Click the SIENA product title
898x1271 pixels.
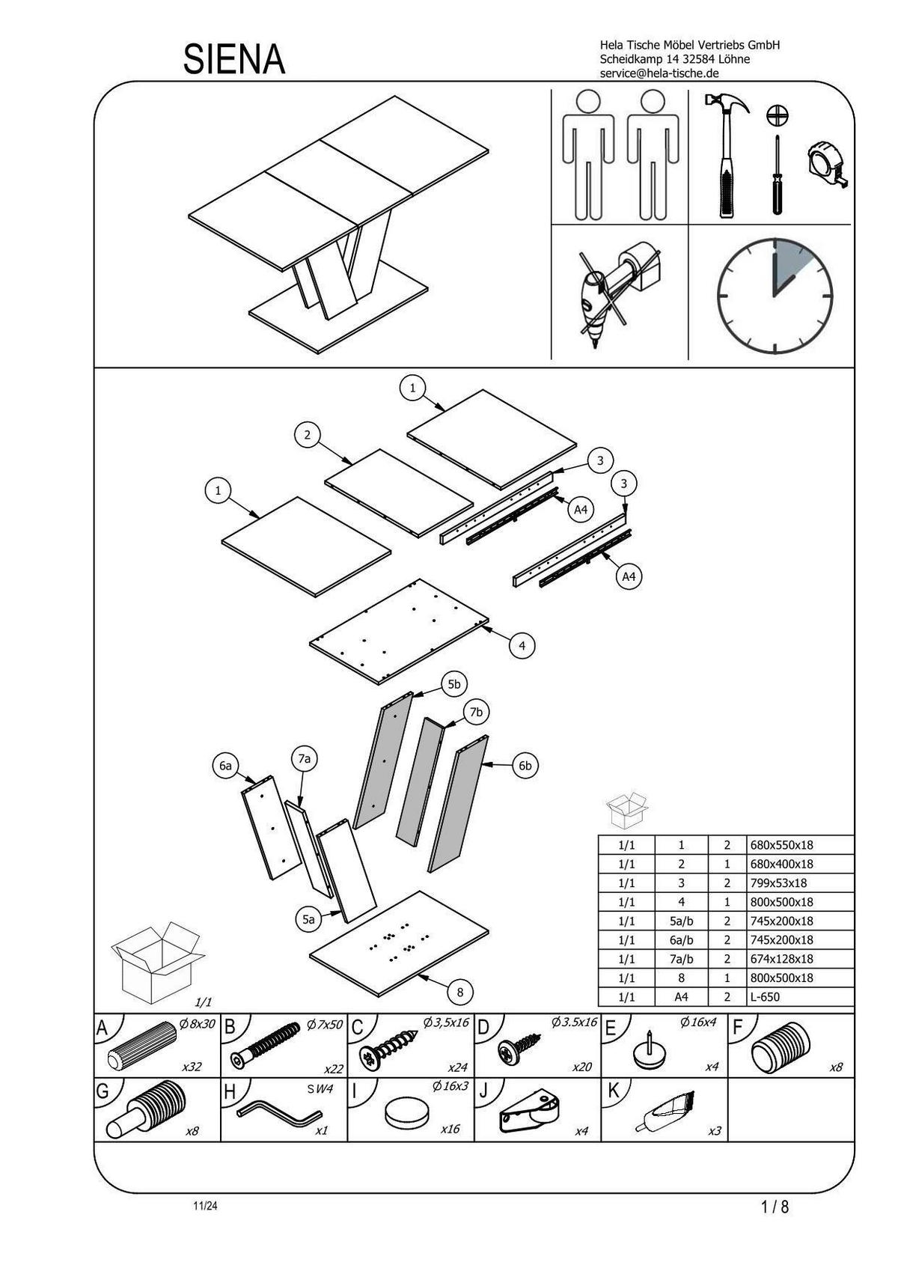pos(234,60)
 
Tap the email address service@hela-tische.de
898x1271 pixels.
pos(659,73)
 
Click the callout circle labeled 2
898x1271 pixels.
pos(307,434)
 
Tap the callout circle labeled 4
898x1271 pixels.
pos(522,645)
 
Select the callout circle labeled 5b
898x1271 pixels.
pos(454,684)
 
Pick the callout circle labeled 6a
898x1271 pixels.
pos(224,766)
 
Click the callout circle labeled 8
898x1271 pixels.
pos(459,993)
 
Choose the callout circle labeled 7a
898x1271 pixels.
pos(304,759)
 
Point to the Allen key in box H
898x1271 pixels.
pos(277,1112)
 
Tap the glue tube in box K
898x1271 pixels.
pos(665,1110)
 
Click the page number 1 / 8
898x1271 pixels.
pos(775,1207)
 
